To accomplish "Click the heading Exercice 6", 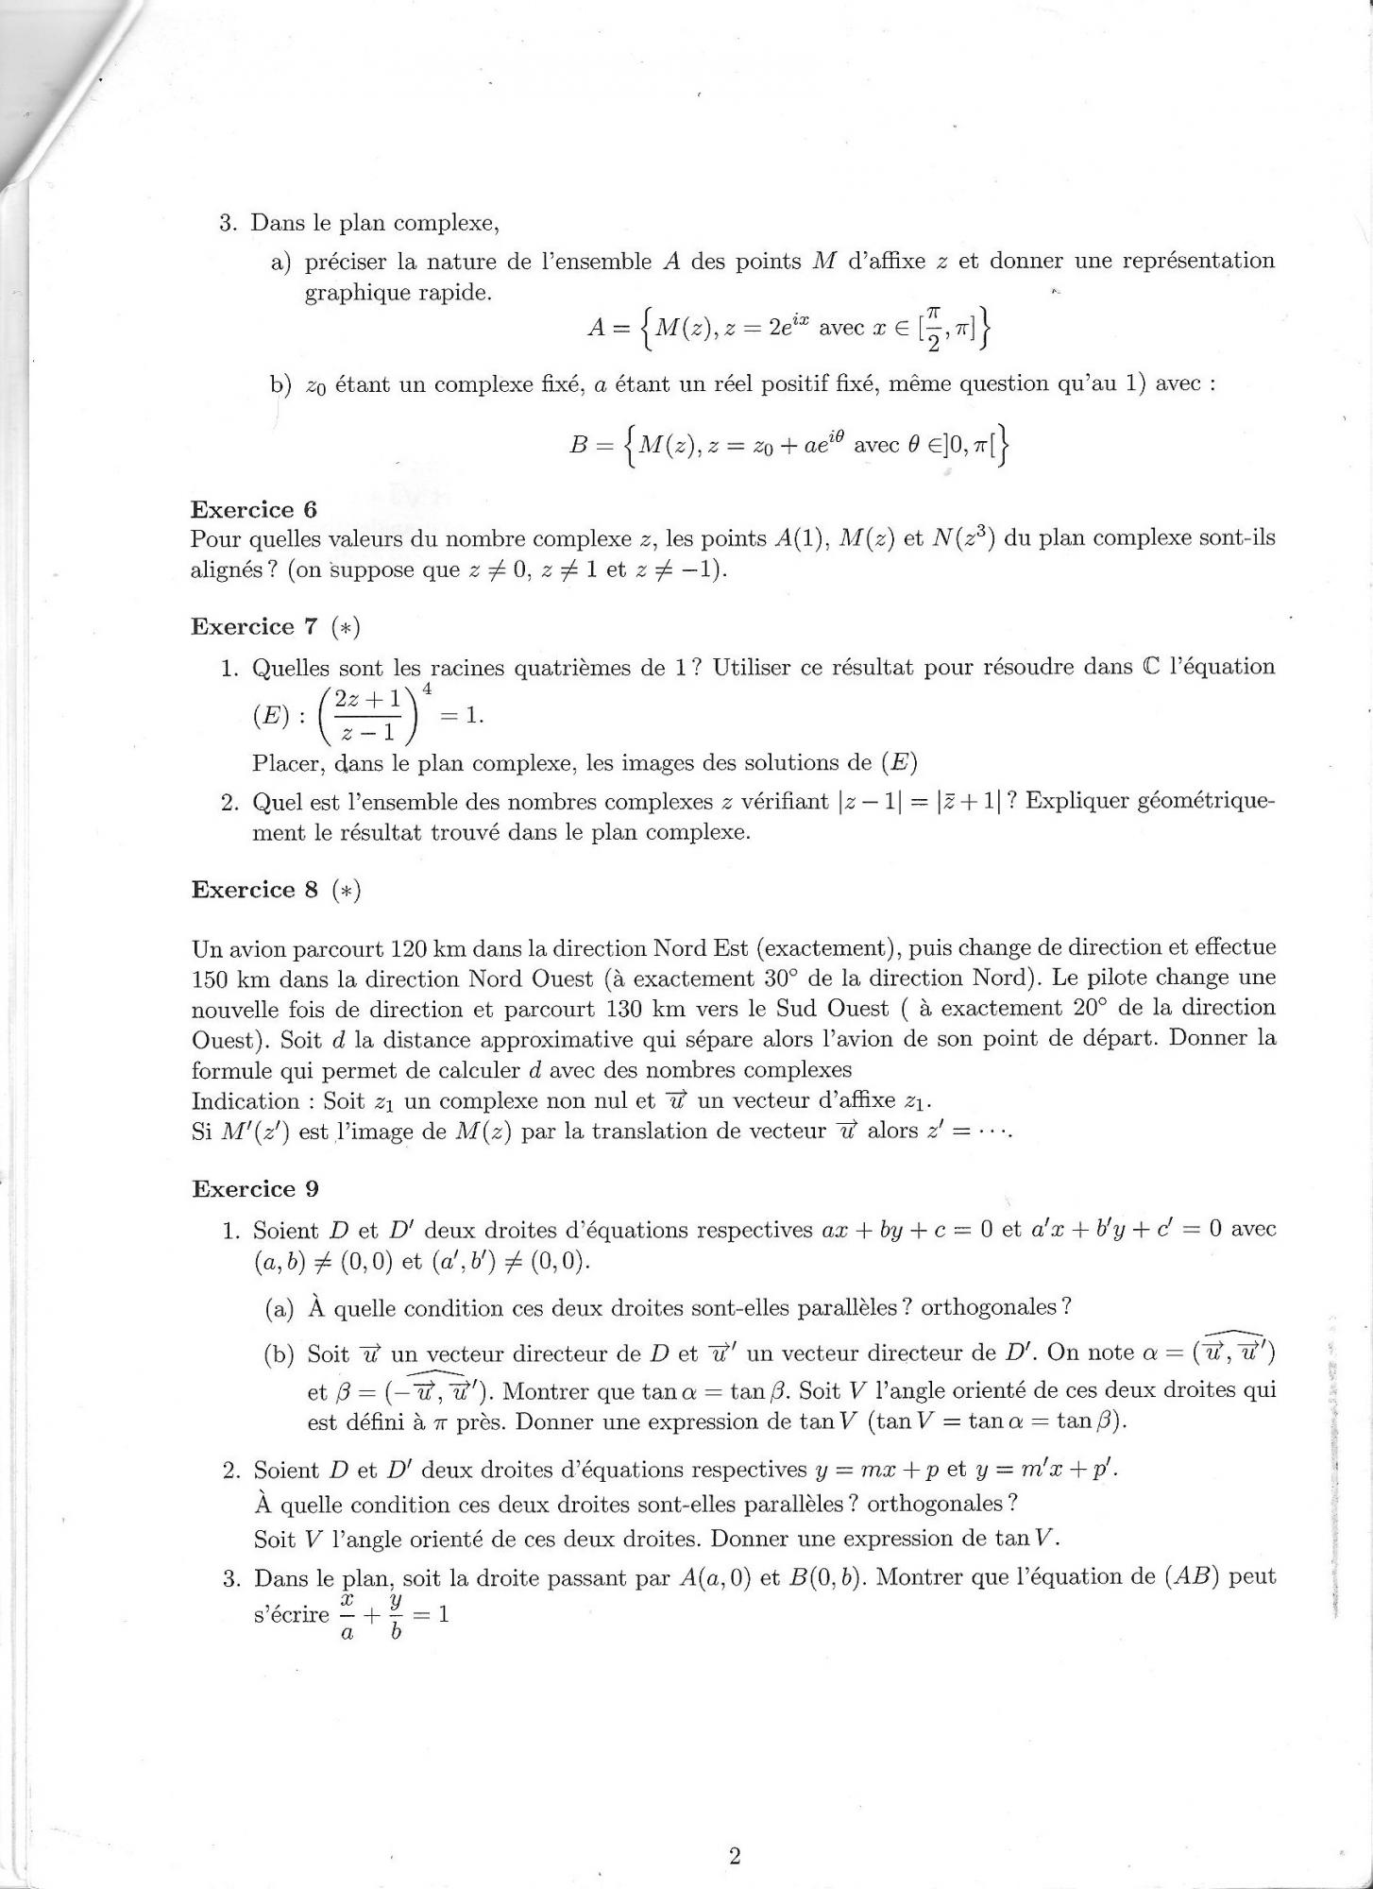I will coord(254,510).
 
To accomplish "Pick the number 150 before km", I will coord(211,979).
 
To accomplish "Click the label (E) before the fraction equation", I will coord(270,716).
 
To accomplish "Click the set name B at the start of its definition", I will coord(580,445).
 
